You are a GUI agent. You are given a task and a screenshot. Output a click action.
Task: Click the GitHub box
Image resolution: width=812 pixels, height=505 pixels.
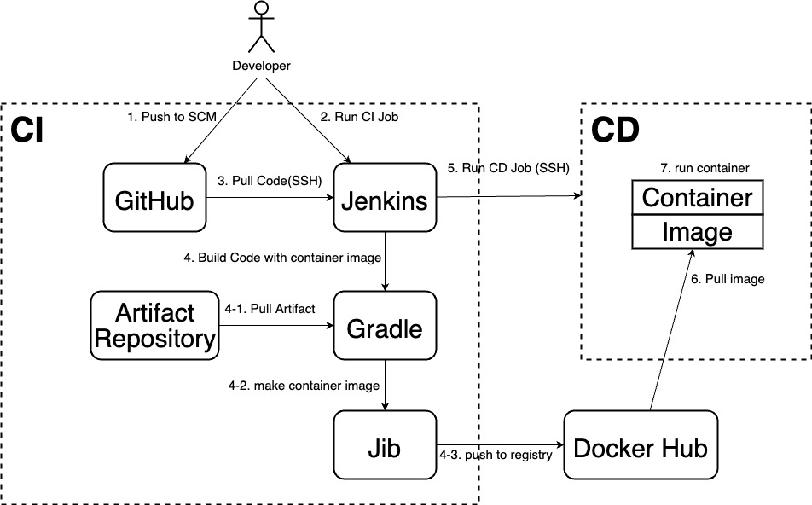[x=155, y=198]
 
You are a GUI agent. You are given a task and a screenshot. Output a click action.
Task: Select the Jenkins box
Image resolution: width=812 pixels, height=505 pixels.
[x=385, y=198]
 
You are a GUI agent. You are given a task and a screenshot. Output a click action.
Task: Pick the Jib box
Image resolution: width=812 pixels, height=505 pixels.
[x=385, y=445]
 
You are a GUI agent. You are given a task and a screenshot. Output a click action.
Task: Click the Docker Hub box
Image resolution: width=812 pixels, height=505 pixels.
[x=641, y=447]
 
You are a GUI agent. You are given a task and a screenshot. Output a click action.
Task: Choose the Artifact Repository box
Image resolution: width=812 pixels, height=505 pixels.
[x=155, y=326]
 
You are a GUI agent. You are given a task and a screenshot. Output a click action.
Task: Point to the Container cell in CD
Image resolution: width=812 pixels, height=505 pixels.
[x=697, y=198]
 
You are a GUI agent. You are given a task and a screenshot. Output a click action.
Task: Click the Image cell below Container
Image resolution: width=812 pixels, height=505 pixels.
[x=697, y=231]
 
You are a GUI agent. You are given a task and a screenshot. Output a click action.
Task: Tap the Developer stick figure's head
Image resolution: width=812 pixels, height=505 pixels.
[x=262, y=10]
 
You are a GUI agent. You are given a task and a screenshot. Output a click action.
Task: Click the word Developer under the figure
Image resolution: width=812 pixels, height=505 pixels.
[x=261, y=66]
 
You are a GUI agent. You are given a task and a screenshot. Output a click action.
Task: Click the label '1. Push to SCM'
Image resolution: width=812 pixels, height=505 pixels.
[x=167, y=117]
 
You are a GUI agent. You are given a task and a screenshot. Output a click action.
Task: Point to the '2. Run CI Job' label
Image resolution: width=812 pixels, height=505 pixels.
[x=359, y=117]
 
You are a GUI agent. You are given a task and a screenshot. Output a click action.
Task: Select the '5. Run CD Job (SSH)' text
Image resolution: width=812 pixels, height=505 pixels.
[x=508, y=168]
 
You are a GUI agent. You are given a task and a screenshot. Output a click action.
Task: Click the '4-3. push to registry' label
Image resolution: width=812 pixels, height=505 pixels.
[x=496, y=456]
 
